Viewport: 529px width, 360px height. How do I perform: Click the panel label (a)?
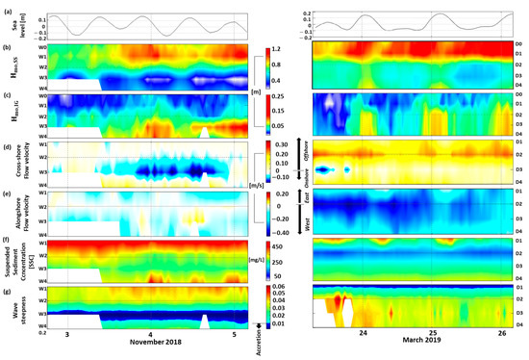[7, 10]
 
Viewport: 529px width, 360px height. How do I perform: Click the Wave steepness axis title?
[17, 303]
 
